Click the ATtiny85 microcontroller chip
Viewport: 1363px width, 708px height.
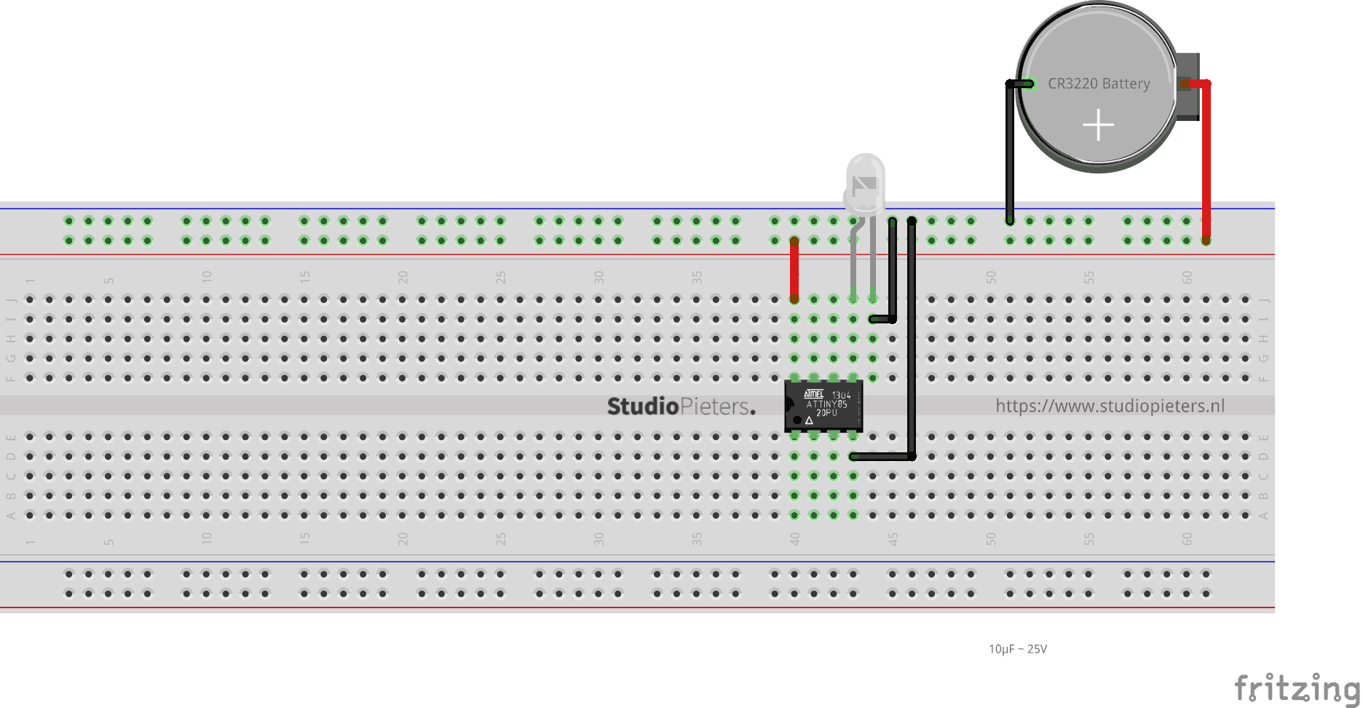click(x=823, y=406)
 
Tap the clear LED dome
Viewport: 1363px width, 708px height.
click(x=865, y=178)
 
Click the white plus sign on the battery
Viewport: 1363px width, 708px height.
click(x=1098, y=125)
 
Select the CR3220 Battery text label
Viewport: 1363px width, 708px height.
click(x=1099, y=84)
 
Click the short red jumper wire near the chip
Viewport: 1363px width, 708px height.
click(x=794, y=270)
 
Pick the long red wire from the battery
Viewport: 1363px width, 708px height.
click(x=1206, y=160)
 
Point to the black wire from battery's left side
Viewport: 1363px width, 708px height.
click(x=1010, y=153)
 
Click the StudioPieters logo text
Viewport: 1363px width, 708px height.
click(x=681, y=406)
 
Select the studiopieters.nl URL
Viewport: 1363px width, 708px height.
click(x=1110, y=406)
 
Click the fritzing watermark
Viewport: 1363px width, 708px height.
click(x=1296, y=688)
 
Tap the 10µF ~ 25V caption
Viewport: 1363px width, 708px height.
click(x=1017, y=649)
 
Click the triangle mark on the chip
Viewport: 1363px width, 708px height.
click(x=809, y=420)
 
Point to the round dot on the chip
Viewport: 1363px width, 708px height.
click(x=797, y=420)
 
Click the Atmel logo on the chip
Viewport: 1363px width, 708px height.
click(x=813, y=394)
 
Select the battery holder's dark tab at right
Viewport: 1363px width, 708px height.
click(x=1188, y=86)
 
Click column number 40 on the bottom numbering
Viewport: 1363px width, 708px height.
click(x=794, y=539)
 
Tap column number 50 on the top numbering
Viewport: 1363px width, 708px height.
click(x=990, y=277)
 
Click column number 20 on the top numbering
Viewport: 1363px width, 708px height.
click(x=403, y=277)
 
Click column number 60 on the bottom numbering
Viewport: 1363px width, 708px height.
click(x=1187, y=539)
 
